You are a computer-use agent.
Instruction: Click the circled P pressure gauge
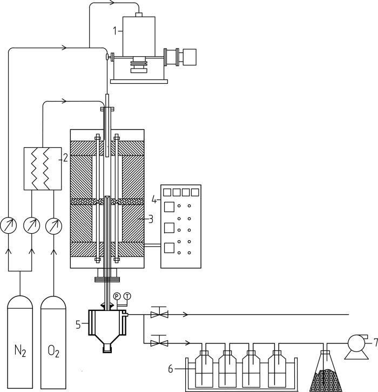click(x=117, y=295)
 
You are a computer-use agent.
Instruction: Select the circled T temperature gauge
click(x=127, y=295)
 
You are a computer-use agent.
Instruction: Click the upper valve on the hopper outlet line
click(x=159, y=313)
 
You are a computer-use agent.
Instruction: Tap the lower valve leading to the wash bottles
click(x=159, y=342)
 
